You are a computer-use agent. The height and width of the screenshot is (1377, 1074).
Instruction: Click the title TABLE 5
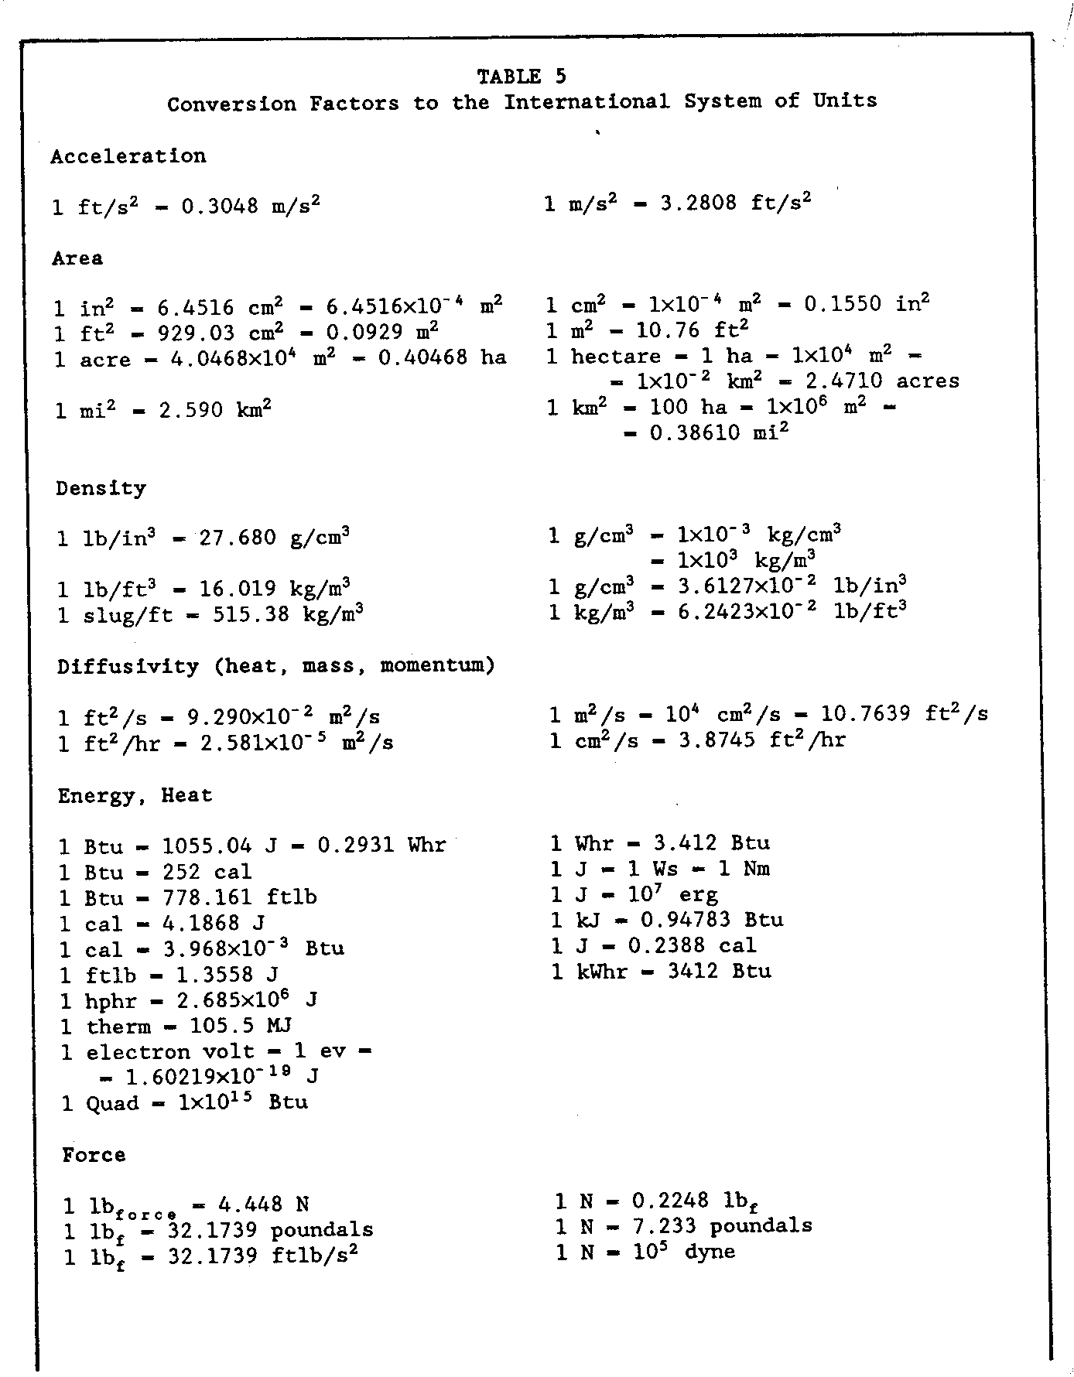coord(521,76)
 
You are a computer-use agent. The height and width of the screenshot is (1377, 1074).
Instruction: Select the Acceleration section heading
coord(128,156)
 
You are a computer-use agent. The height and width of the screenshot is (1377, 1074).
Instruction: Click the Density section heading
coord(101,489)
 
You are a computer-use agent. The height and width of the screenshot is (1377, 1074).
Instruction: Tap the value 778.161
coord(207,897)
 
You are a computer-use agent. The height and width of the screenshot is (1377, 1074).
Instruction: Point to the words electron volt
coord(170,1052)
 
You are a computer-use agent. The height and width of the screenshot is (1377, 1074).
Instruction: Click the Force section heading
coord(94,1155)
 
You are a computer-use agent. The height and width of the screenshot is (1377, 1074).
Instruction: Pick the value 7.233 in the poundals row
coord(663,1226)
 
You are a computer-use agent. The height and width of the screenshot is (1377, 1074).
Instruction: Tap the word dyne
coord(710,1252)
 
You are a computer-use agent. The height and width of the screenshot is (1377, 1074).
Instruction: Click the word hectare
coord(616,357)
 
